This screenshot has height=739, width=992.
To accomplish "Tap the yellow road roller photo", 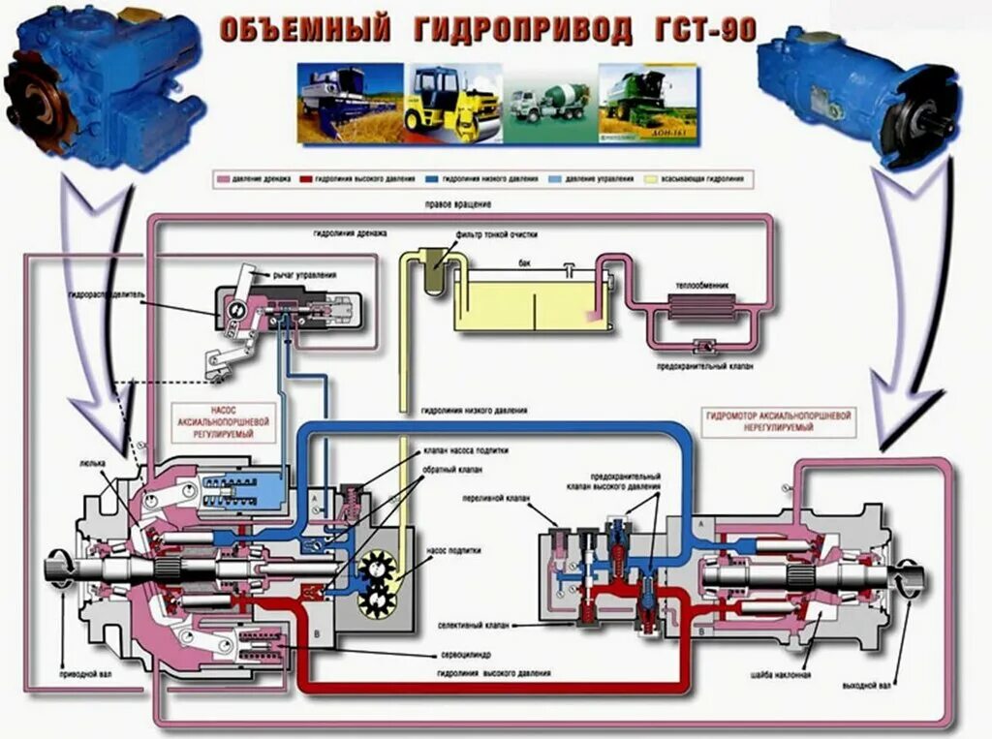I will (452, 103).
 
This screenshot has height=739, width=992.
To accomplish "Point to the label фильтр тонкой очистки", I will (494, 235).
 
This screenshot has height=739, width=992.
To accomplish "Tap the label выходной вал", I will (866, 684).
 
